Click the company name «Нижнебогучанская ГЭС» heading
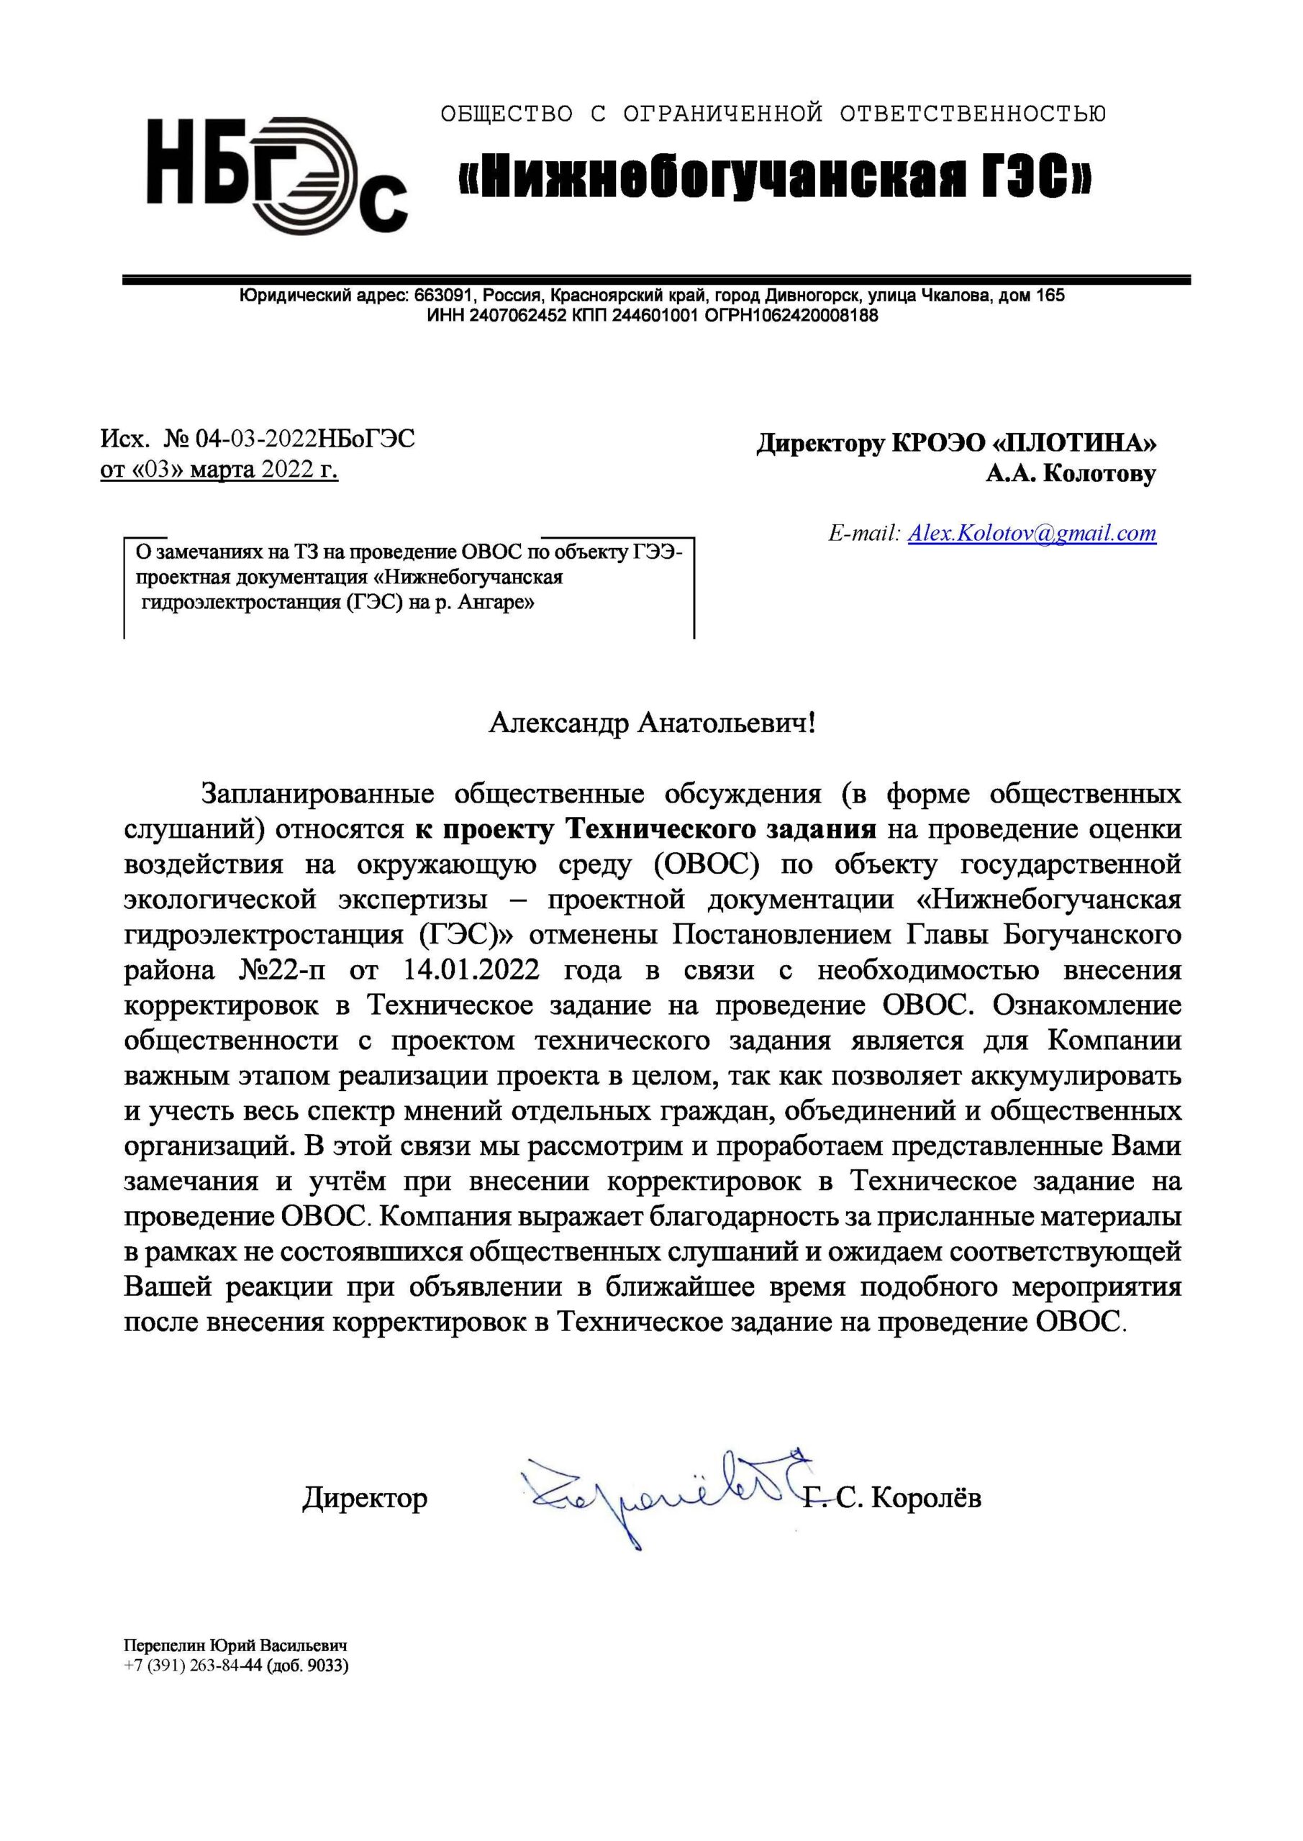(x=774, y=175)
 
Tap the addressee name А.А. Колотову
(x=1071, y=474)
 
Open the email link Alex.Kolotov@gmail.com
(x=1032, y=533)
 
